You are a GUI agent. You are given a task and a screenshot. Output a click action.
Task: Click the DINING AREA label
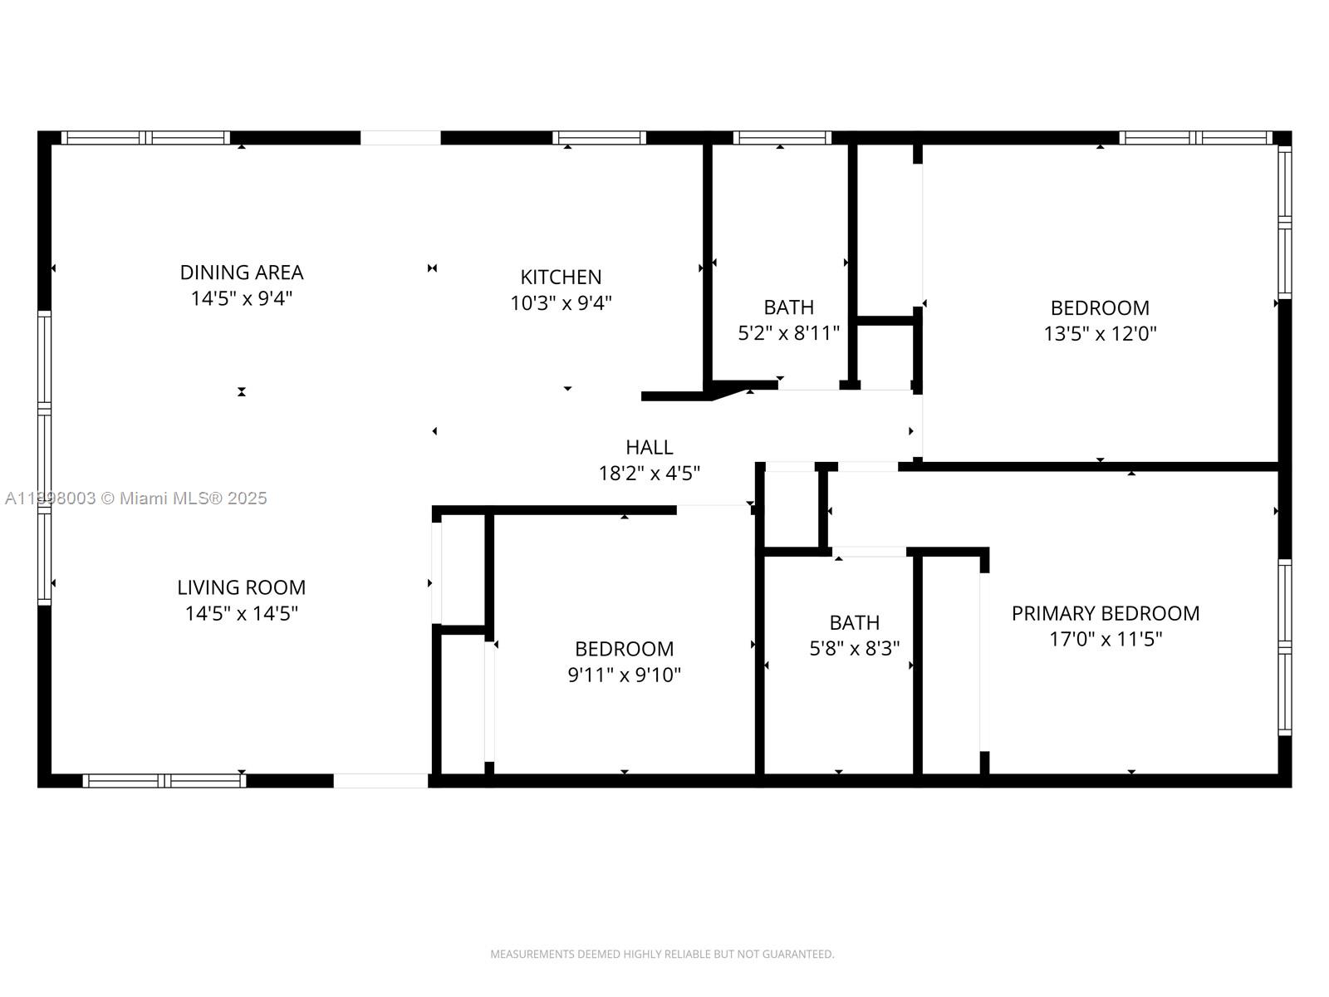pos(242,273)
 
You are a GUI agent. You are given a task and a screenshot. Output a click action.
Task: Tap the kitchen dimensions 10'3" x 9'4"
pos(561,303)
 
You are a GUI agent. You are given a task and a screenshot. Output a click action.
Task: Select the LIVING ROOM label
pos(242,587)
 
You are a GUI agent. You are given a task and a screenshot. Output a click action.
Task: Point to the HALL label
pos(649,447)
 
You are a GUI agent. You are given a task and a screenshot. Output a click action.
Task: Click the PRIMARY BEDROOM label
pos(1105,613)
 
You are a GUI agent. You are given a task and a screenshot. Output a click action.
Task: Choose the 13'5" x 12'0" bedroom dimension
pos(1100,334)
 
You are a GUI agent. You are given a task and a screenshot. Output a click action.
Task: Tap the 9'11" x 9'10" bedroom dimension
pos(624,675)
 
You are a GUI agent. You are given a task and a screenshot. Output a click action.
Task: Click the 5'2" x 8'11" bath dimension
pos(788,334)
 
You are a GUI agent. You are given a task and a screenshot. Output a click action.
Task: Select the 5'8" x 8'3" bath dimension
pos(854,649)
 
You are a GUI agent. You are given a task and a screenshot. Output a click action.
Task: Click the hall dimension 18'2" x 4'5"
pos(649,474)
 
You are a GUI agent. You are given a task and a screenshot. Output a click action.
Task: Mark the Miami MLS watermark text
pos(136,498)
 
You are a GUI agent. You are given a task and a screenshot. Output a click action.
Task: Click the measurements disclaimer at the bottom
pos(662,954)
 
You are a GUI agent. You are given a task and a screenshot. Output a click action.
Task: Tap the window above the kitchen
pos(599,138)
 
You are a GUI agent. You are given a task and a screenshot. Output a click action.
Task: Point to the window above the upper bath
pos(782,138)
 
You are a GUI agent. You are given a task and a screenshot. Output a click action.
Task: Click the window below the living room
pos(164,780)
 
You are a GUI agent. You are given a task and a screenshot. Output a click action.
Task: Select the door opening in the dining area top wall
pos(400,138)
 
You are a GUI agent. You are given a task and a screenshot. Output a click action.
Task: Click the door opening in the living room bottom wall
pos(380,780)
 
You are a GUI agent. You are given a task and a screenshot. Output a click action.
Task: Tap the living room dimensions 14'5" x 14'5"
pos(242,614)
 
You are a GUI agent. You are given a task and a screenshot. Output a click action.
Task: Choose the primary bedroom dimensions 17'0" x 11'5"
pos(1105,640)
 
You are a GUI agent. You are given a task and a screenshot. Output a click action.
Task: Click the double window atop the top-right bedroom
pos(1195,138)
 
